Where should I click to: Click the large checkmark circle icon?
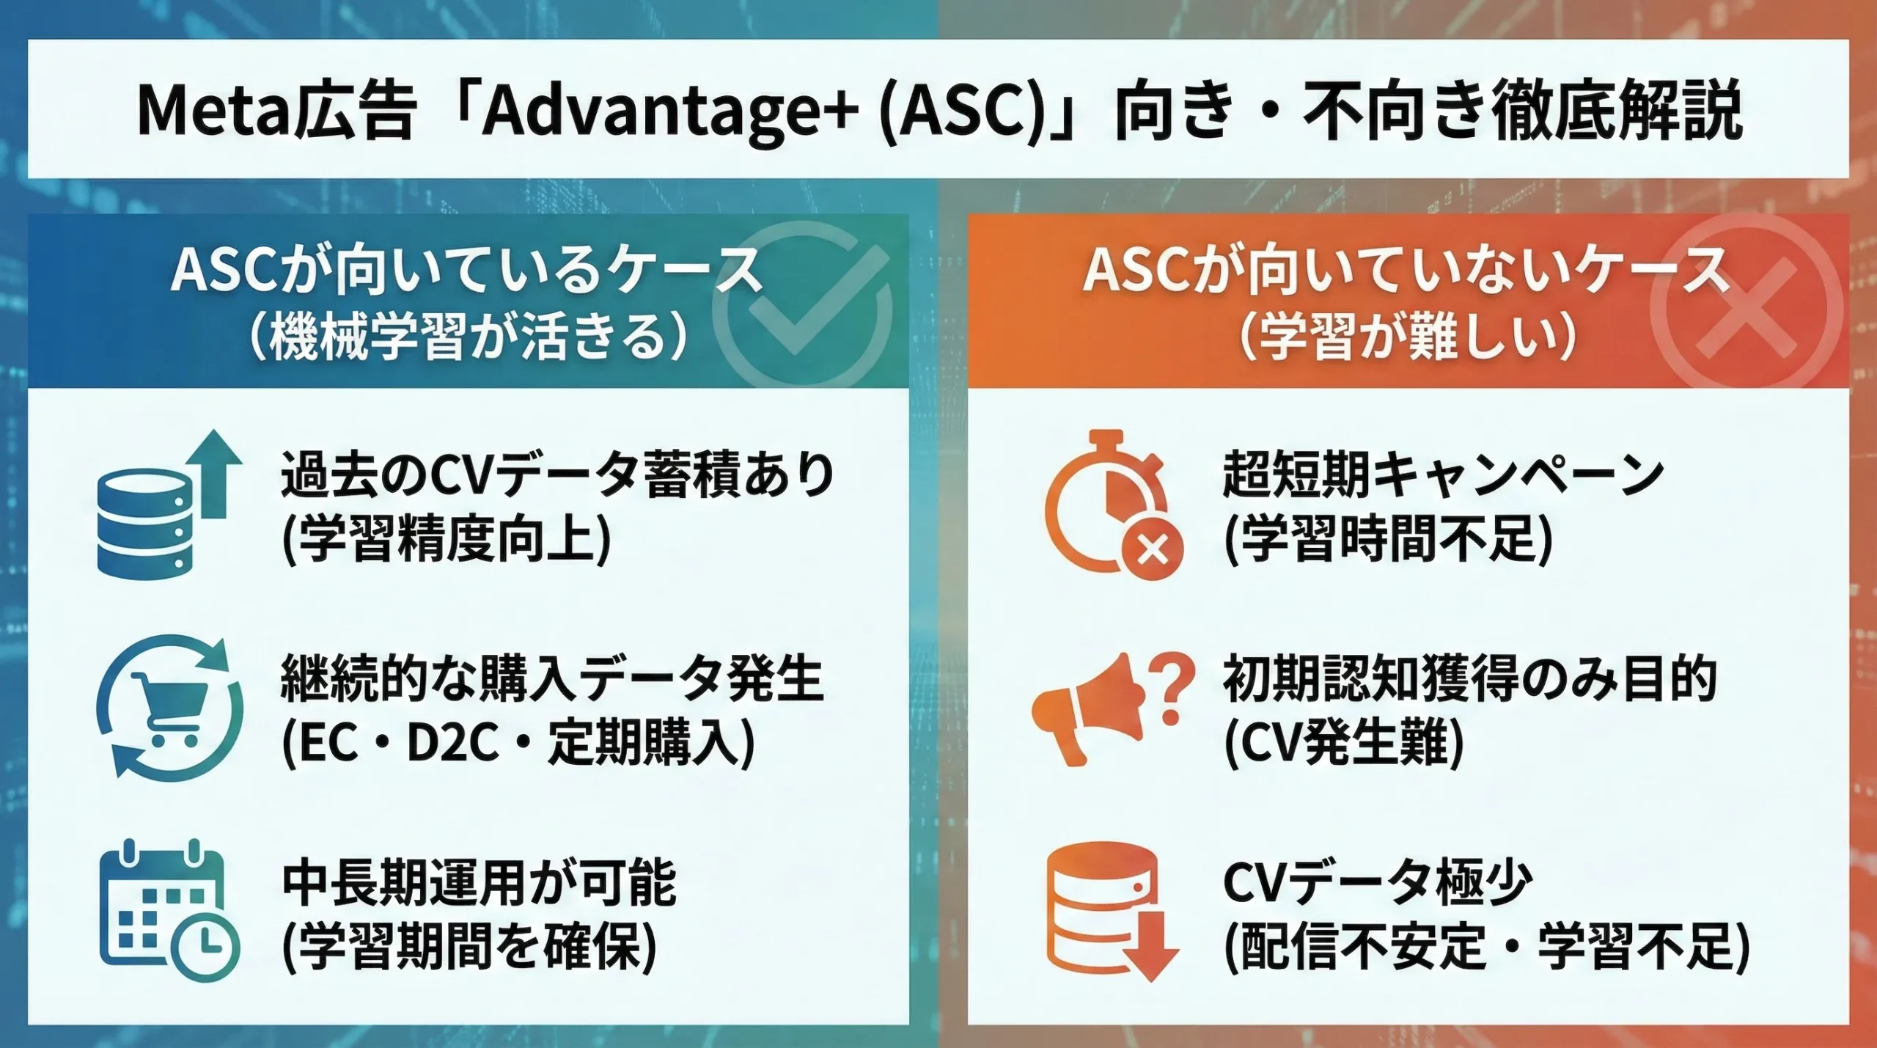coord(803,304)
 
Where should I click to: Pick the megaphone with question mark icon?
coord(1111,708)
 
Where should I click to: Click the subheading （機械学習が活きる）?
coord(469,337)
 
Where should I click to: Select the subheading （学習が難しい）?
coord(1408,337)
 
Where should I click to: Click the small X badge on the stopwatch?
coord(1153,549)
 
